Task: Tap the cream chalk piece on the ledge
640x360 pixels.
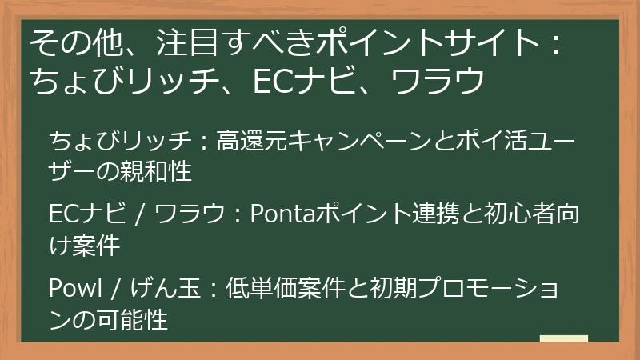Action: (564, 339)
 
